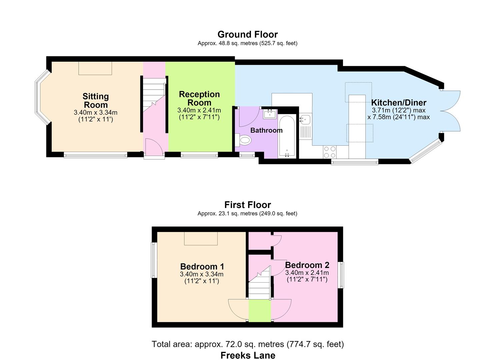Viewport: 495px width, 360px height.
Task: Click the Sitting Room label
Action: tap(96, 101)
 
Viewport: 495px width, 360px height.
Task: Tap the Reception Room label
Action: tap(199, 98)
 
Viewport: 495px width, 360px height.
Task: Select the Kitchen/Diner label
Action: tap(399, 103)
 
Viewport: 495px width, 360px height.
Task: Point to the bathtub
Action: tap(287, 136)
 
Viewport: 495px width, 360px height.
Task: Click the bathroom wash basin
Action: tap(270, 114)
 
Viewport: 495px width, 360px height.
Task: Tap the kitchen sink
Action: tap(305, 120)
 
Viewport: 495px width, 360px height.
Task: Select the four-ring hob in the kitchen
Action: tap(330, 152)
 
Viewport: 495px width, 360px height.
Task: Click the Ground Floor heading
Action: tap(247, 34)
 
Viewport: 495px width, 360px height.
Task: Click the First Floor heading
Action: tap(247, 205)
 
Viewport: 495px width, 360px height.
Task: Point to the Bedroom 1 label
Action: tap(202, 267)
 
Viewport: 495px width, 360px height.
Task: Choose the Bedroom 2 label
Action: tap(307, 265)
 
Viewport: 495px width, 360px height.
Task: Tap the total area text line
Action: tap(247, 344)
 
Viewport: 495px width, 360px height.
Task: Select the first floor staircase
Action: tap(260, 283)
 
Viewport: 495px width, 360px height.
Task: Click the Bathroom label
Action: tap(266, 130)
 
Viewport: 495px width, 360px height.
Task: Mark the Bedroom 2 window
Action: tap(341, 275)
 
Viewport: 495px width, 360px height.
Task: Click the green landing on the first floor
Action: tap(260, 311)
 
